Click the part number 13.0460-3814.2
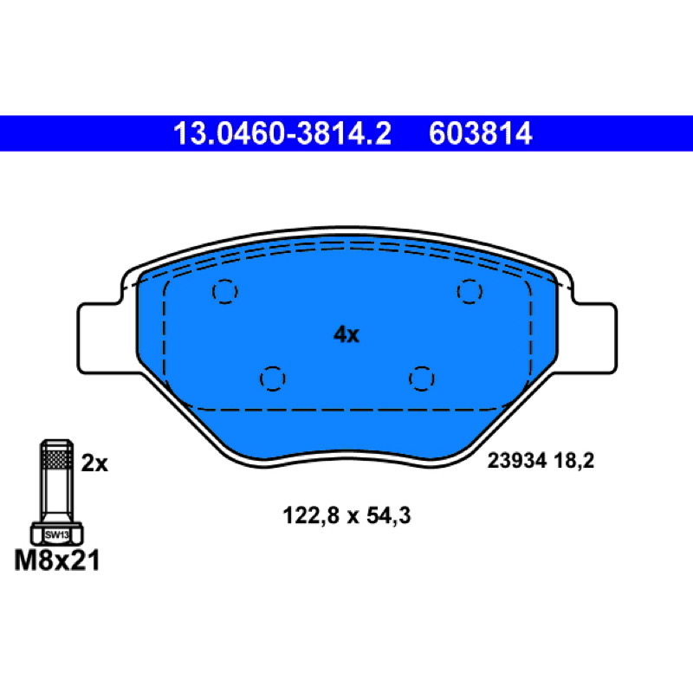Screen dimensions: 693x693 pos(282,133)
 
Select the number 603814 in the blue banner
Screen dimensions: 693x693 pos(481,133)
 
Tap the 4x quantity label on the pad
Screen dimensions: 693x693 pos(346,334)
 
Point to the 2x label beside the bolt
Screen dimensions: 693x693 pos(94,463)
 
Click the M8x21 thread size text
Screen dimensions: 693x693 pos(57,560)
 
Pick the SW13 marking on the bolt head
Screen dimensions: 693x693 pos(57,534)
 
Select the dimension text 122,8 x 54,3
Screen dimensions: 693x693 pos(346,515)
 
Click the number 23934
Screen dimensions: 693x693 pos(517,461)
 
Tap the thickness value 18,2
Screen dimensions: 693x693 pos(573,461)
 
